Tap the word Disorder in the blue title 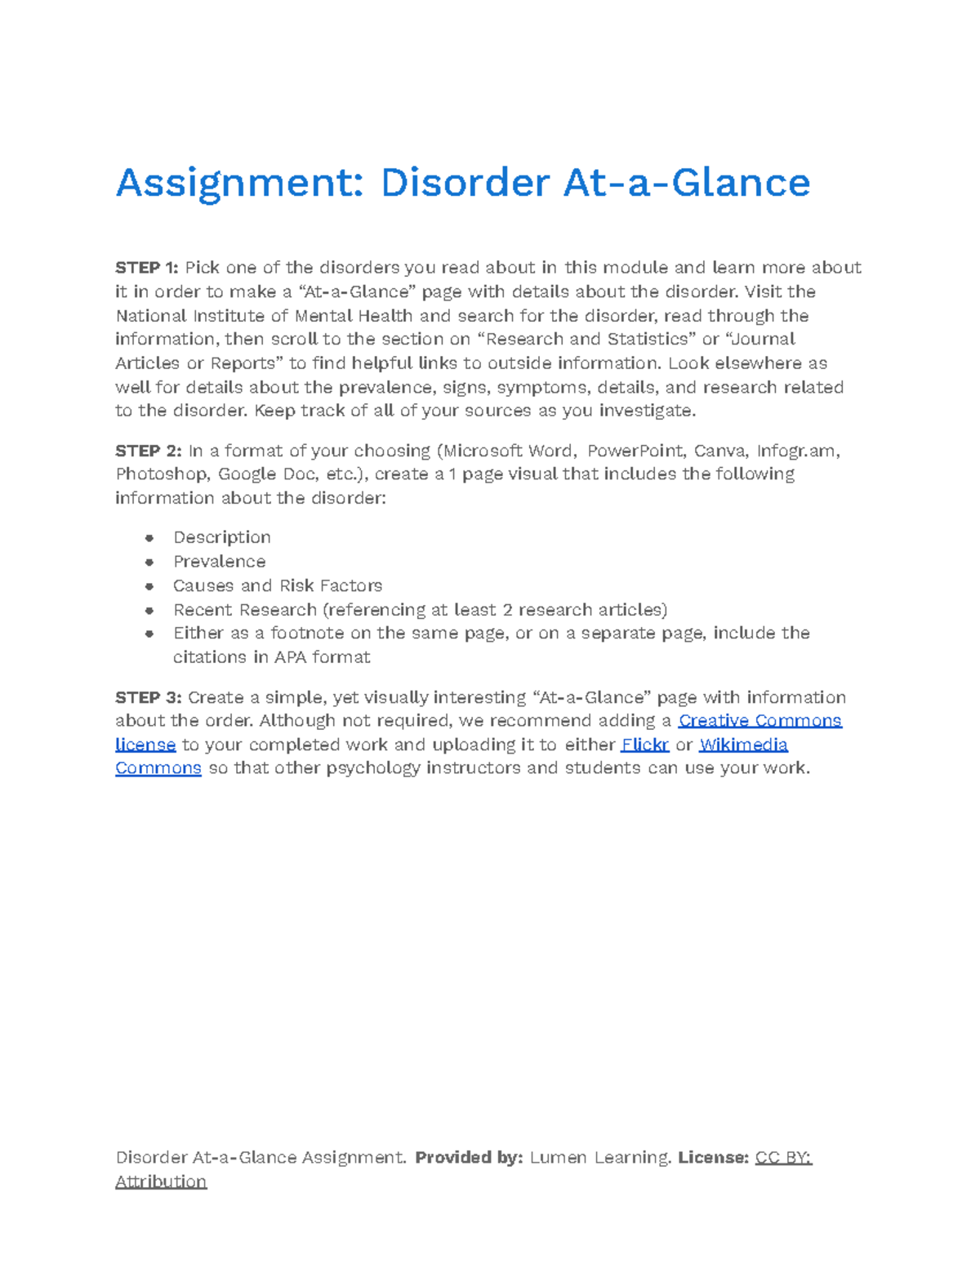pyautogui.click(x=465, y=183)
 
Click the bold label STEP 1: pyautogui.click(x=146, y=268)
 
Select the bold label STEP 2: pyautogui.click(x=148, y=451)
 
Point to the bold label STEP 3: pyautogui.click(x=148, y=697)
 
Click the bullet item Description pyautogui.click(x=221, y=537)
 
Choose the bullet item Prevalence pyautogui.click(x=219, y=562)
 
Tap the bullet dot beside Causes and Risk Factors pyautogui.click(x=149, y=585)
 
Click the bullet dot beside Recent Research pyautogui.click(x=149, y=610)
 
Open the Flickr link pyautogui.click(x=645, y=745)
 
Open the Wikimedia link pyautogui.click(x=743, y=745)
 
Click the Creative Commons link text pyautogui.click(x=759, y=721)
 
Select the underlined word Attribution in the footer pyautogui.click(x=161, y=1181)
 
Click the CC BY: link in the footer pyautogui.click(x=783, y=1158)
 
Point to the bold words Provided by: pyautogui.click(x=469, y=1158)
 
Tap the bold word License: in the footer pyautogui.click(x=713, y=1158)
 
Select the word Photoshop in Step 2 pyautogui.click(x=162, y=474)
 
